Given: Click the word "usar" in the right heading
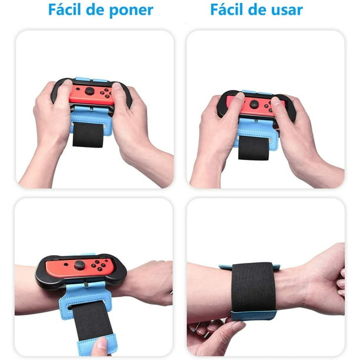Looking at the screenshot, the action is [x=287, y=10].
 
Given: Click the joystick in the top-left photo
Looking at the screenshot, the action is [x=90, y=91].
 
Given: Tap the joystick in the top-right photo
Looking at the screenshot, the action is [x=254, y=104].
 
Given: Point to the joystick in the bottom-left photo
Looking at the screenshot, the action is [x=79, y=265].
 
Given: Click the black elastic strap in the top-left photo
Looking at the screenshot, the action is [x=88, y=135].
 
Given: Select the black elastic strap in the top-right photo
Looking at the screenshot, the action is [x=254, y=148].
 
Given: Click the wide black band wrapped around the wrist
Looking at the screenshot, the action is [x=254, y=288].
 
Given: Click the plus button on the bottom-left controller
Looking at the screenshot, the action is [x=106, y=261].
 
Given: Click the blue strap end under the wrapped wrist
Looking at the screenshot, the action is [x=254, y=315].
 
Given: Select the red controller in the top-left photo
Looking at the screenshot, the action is [x=92, y=94].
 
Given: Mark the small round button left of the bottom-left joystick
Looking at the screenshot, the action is [x=66, y=264].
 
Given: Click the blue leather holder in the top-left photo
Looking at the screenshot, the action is [x=91, y=120].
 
